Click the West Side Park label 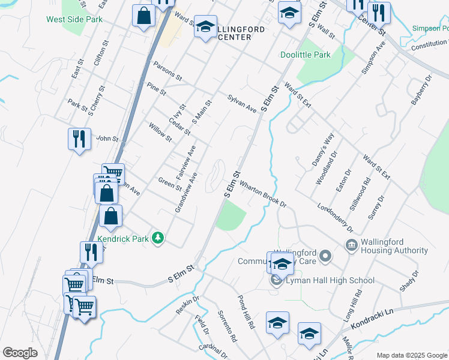point(74,19)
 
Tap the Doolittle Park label point(305,55)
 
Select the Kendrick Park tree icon point(158,239)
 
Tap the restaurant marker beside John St point(79,140)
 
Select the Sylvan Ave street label point(242,103)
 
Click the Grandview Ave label point(186,192)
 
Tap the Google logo point(20,353)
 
